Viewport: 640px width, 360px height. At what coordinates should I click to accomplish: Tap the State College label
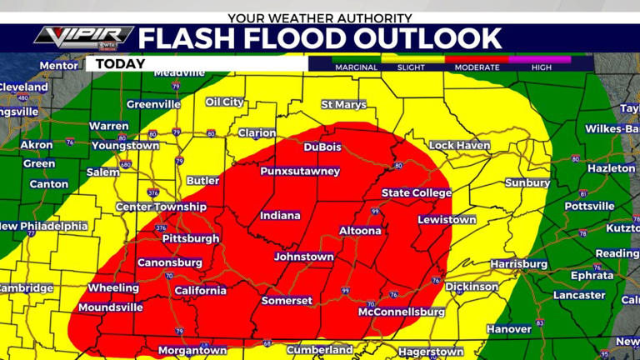[417, 193]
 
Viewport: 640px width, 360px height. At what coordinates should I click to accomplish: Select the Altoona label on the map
[361, 231]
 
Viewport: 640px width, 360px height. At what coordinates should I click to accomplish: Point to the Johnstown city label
[303, 257]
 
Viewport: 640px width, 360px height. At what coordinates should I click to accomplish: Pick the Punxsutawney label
[300, 171]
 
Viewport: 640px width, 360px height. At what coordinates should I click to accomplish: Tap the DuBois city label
[322, 147]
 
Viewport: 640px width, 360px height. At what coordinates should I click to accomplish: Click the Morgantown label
[192, 351]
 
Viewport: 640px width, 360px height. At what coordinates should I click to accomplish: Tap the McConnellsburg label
[401, 312]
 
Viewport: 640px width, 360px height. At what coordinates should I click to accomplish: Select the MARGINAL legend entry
[357, 67]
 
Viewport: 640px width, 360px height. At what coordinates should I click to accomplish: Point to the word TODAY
[120, 63]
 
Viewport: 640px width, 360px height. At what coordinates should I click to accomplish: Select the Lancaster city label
[579, 295]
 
